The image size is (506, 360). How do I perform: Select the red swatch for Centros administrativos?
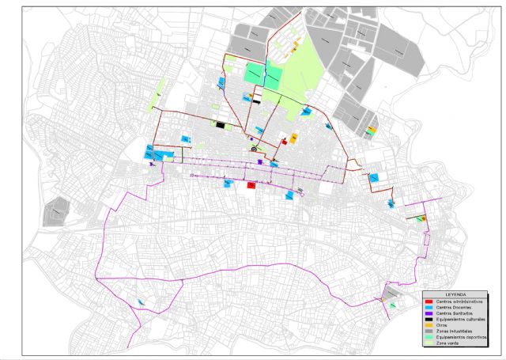click(x=429, y=301)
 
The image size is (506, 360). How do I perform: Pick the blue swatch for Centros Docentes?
click(x=429, y=307)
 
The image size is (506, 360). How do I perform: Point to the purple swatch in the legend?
click(x=429, y=313)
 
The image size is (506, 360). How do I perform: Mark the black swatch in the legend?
click(x=429, y=320)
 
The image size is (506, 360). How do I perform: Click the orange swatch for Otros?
click(x=429, y=326)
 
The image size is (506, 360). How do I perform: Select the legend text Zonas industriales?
click(x=452, y=332)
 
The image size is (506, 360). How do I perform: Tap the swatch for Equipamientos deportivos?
click(x=429, y=339)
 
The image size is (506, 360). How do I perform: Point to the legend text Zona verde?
click(x=447, y=345)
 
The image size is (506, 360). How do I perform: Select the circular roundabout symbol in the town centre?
click(x=254, y=148)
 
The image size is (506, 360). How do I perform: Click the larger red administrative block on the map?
click(x=251, y=185)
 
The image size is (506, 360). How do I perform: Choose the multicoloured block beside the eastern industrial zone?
click(x=371, y=131)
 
